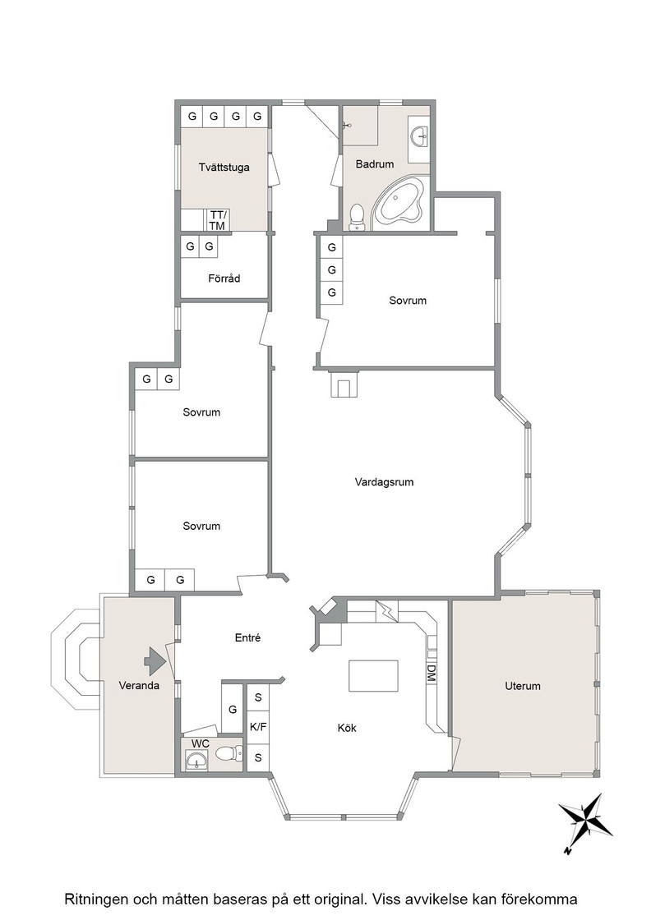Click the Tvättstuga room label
224,168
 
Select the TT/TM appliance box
217,220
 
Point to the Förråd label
224,278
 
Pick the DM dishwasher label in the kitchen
431,673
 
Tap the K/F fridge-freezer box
258,727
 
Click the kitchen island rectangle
373,676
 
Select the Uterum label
523,686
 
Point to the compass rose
585,821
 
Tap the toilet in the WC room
229,752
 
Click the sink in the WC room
195,761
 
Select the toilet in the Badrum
356,218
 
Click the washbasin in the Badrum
420,136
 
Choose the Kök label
347,728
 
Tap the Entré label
247,637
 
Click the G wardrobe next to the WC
232,710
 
